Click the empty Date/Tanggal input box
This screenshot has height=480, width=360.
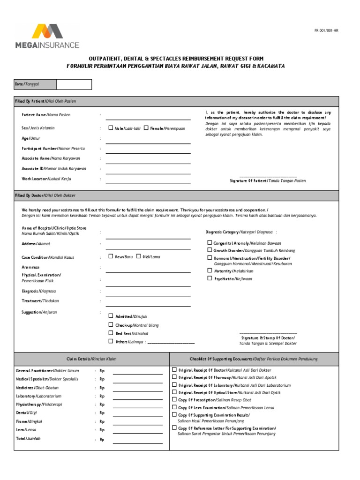click(74, 84)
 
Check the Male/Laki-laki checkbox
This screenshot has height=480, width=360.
click(111, 128)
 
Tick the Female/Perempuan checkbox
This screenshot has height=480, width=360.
click(146, 128)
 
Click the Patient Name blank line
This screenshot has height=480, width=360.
click(148, 118)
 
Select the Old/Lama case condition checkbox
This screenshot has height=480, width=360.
click(139, 256)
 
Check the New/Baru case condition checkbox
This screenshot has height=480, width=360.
click(111, 256)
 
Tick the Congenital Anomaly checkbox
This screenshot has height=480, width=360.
click(210, 243)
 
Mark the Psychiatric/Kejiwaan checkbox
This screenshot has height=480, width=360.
click(210, 278)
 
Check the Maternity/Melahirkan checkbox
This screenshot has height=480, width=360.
click(210, 270)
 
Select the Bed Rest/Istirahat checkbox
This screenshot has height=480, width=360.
click(111, 333)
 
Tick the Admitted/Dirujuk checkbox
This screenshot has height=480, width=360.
click(111, 316)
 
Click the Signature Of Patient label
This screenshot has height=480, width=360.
click(268, 180)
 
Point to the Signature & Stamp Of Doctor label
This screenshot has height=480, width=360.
click(268, 338)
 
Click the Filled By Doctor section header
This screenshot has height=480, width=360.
click(45, 195)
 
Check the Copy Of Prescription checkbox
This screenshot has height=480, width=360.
click(174, 400)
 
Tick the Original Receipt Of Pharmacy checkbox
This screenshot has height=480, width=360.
click(174, 377)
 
